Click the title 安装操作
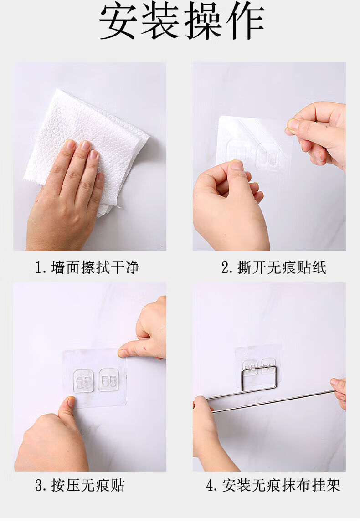pyautogui.click(x=181, y=21)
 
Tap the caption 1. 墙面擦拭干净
pyautogui.click(x=87, y=268)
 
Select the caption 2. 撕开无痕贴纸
pyautogui.click(x=274, y=268)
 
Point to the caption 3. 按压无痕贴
pyautogui.click(x=80, y=485)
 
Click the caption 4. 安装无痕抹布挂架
pyautogui.click(x=273, y=485)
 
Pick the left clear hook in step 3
pyautogui.click(x=83, y=381)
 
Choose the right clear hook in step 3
pyautogui.click(x=109, y=380)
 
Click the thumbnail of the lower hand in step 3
pyautogui.click(x=71, y=401)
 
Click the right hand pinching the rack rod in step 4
pyautogui.click(x=339, y=392)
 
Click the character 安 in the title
pyautogui.click(x=118, y=21)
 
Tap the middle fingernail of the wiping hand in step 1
pyautogui.click(x=85, y=145)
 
